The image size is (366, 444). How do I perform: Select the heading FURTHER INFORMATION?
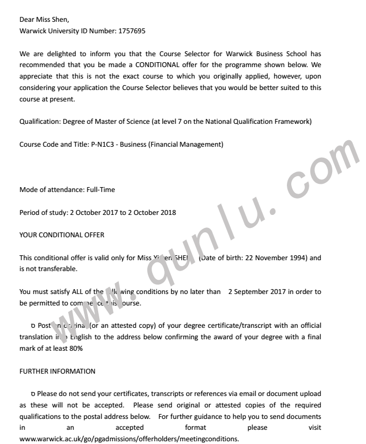tap(57, 371)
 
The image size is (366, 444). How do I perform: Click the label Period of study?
tap(41, 212)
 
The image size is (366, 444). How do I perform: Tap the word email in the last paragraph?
tap(242, 393)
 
